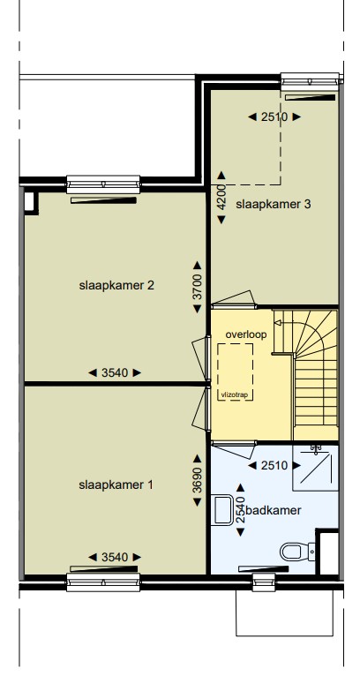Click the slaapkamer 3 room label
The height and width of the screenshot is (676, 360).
tap(273, 204)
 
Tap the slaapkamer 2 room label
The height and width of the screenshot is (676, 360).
tap(116, 285)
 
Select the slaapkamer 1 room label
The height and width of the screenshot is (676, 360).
tap(116, 485)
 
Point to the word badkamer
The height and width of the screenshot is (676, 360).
tap(273, 510)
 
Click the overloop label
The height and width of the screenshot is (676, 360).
tap(246, 334)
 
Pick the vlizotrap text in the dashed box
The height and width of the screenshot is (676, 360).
tap(235, 394)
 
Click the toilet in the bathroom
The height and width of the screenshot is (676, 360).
tap(297, 552)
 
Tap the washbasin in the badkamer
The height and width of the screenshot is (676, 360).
tap(222, 510)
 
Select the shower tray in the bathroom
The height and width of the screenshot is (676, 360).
tap(316, 469)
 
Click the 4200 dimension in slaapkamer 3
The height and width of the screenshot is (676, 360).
tap(221, 198)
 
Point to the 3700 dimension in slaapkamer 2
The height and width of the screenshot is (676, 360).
tap(198, 287)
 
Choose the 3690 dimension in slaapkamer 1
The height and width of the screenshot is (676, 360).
tap(198, 480)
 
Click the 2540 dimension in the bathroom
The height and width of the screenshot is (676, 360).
tap(241, 510)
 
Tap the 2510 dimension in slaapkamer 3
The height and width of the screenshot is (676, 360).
tap(274, 116)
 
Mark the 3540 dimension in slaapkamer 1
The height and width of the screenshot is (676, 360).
tap(115, 558)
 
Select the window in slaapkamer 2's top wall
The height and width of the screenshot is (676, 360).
tap(103, 184)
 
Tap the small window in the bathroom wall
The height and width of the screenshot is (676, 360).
tap(264, 582)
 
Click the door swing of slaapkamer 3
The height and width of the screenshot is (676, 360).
tap(234, 298)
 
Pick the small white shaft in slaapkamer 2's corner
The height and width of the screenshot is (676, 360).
tap(29, 202)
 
